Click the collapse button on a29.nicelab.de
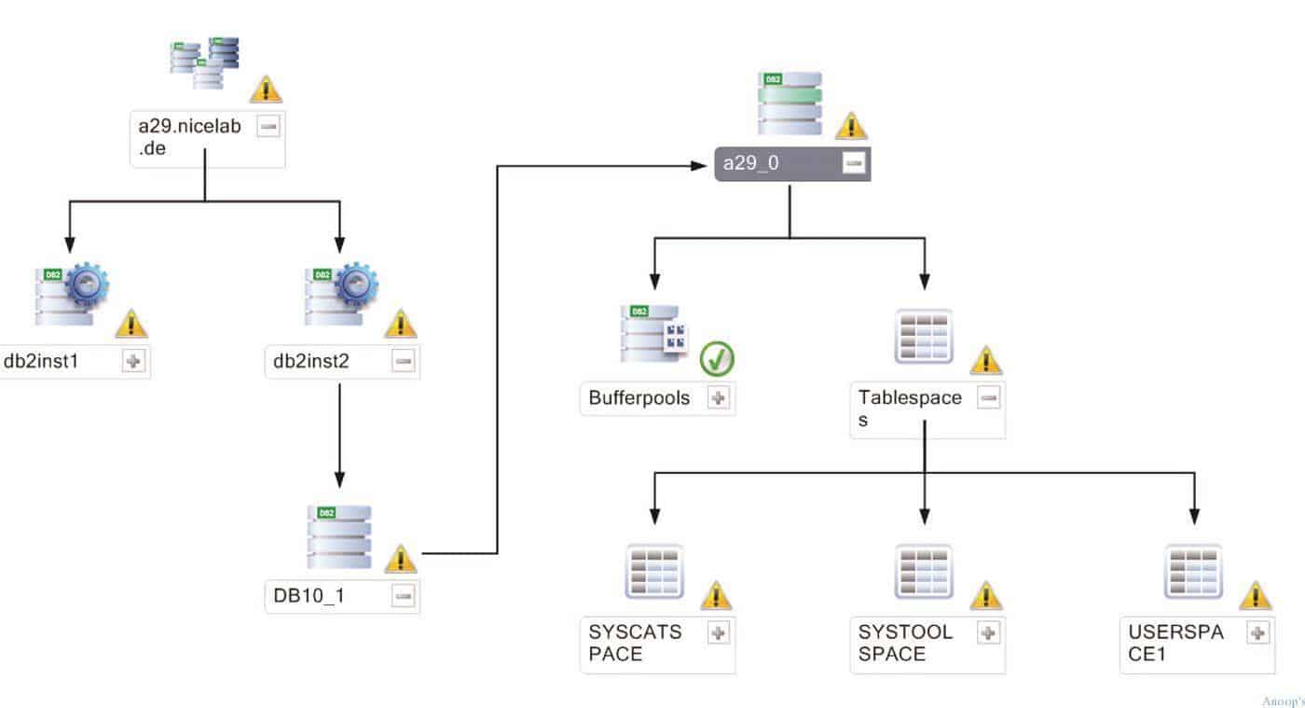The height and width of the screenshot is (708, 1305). (268, 126)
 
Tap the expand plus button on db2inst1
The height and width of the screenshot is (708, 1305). (133, 361)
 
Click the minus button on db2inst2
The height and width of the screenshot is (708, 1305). (403, 361)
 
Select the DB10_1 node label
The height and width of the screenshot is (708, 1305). (309, 595)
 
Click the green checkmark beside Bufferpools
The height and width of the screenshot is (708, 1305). (717, 358)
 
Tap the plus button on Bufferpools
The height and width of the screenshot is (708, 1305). (719, 397)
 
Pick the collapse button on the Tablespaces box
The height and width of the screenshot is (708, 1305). (988, 397)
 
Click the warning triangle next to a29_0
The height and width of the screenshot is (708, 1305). (851, 125)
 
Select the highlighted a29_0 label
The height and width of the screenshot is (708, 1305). (751, 162)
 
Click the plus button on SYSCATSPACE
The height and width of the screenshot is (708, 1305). (719, 632)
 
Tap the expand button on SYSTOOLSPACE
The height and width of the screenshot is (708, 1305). (988, 632)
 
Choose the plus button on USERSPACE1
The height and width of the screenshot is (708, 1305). (1257, 632)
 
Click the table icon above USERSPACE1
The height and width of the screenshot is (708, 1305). (1193, 572)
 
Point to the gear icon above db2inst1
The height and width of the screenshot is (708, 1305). (87, 285)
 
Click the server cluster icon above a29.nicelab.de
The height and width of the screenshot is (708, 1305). (204, 63)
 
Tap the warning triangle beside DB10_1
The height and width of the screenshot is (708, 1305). (401, 558)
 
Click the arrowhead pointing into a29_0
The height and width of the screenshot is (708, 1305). (698, 166)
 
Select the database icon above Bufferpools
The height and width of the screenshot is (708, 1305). (653, 334)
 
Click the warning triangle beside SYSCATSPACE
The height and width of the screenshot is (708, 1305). (716, 595)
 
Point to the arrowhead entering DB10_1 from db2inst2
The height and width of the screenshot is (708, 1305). (339, 479)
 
